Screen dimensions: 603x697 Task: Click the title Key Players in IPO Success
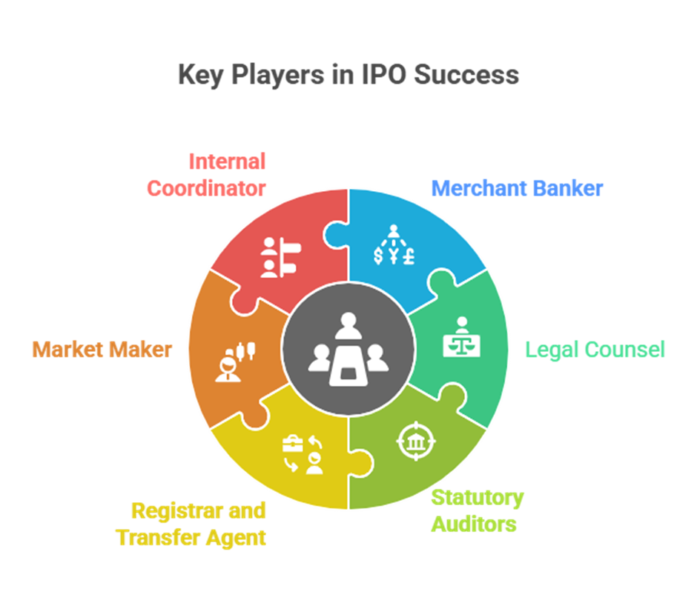348,76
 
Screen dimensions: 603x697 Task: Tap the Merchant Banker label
517,187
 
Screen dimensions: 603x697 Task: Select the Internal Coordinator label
206,175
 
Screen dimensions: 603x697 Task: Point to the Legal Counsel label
595,349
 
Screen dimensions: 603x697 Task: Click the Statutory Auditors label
478,510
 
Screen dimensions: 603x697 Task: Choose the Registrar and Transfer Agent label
191,524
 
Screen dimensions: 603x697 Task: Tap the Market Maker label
102,349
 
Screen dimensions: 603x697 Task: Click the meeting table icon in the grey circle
348,349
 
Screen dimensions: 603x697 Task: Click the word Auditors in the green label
474,524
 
